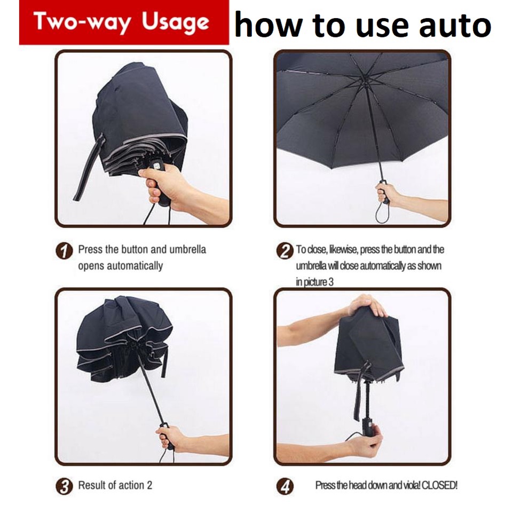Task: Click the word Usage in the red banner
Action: tap(176, 23)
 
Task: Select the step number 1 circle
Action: tap(65, 251)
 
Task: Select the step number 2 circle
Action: tap(285, 251)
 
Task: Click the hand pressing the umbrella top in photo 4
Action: tap(367, 306)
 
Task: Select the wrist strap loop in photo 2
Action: tap(382, 211)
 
